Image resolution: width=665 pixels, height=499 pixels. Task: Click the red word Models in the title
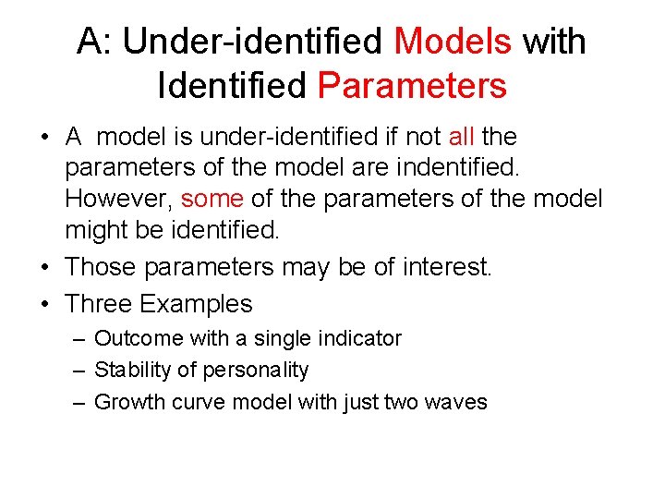(x=453, y=42)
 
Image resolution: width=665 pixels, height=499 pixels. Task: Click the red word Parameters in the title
(x=412, y=86)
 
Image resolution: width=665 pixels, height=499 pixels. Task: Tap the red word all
(x=460, y=137)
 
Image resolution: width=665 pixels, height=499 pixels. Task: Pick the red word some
(x=212, y=198)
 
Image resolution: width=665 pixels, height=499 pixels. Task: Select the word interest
(x=447, y=267)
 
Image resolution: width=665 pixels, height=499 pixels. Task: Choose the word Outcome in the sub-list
(x=135, y=338)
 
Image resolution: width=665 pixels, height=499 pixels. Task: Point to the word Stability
(x=130, y=370)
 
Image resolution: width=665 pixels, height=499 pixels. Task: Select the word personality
(x=258, y=371)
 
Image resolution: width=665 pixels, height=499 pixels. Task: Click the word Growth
(x=127, y=402)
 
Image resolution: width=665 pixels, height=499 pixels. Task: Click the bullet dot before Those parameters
(x=45, y=268)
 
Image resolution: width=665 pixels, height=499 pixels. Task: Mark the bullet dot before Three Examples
(x=45, y=304)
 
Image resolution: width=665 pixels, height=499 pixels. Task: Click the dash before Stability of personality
(x=79, y=371)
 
